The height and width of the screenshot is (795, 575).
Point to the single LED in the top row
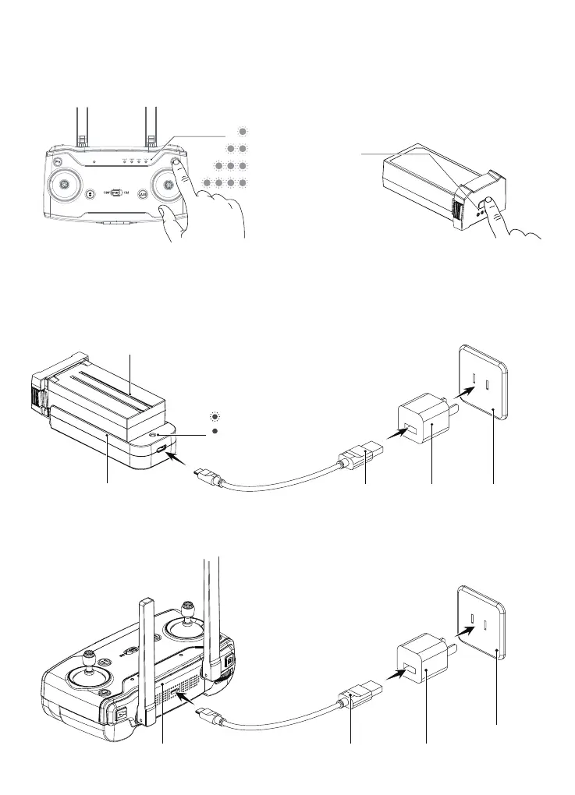[x=243, y=130]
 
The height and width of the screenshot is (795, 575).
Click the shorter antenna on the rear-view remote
[x=144, y=655]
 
